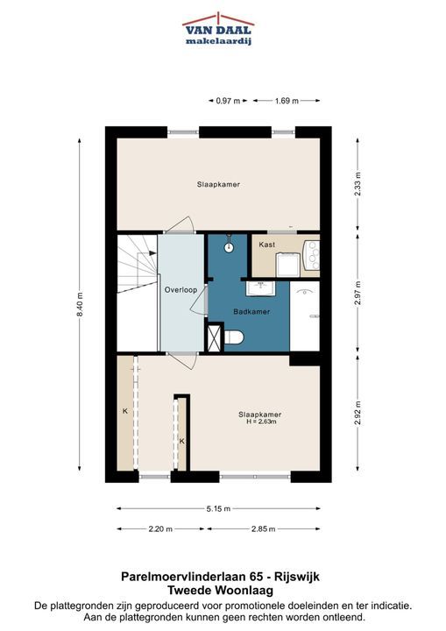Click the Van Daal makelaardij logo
pyautogui.click(x=218, y=29)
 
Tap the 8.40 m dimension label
pyautogui.click(x=79, y=305)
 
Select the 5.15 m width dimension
pyautogui.click(x=218, y=508)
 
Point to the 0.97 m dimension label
pyautogui.click(x=228, y=101)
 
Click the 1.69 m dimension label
pyautogui.click(x=287, y=101)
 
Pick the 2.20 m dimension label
pyautogui.click(x=160, y=528)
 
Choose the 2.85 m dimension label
pyautogui.click(x=263, y=528)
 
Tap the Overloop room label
pyautogui.click(x=181, y=290)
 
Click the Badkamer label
pyautogui.click(x=251, y=311)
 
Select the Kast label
pyautogui.click(x=267, y=245)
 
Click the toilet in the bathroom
pyautogui.click(x=233, y=337)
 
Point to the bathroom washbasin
pyautogui.click(x=261, y=287)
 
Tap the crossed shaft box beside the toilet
pyautogui.click(x=214, y=337)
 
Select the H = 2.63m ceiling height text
pyautogui.click(x=261, y=422)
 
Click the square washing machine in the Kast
pyautogui.click(x=287, y=266)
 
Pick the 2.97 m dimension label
pyautogui.click(x=358, y=294)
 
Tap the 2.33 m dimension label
pyautogui.click(x=358, y=184)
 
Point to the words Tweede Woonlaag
pyautogui.click(x=220, y=591)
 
